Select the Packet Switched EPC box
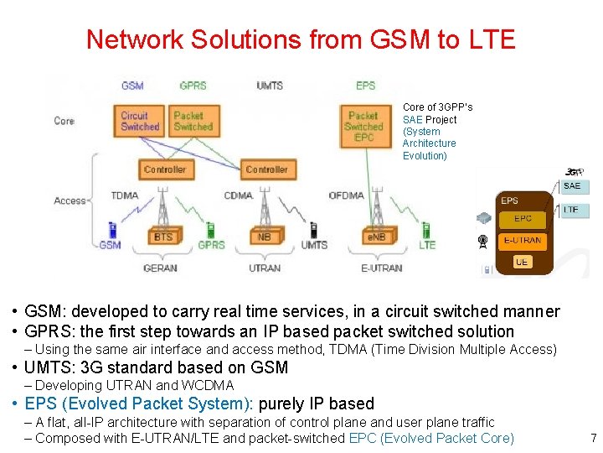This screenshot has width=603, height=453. (x=363, y=126)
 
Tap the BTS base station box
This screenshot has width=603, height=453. (x=163, y=237)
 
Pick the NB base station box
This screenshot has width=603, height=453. (x=264, y=237)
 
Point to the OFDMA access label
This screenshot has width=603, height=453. (x=346, y=195)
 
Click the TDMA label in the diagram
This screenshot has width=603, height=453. (x=125, y=195)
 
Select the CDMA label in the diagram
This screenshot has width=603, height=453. (x=239, y=195)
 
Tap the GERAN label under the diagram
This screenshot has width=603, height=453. (x=160, y=268)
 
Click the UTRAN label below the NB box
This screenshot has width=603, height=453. (x=265, y=268)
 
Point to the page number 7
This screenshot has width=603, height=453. (x=593, y=438)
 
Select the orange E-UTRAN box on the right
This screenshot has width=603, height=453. (x=522, y=241)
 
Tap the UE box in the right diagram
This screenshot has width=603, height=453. (x=522, y=262)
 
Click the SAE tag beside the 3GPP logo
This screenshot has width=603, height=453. (x=572, y=186)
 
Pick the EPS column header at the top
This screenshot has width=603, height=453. (x=365, y=86)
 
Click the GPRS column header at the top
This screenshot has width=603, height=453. (x=193, y=86)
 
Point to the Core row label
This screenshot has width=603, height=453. (x=64, y=121)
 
